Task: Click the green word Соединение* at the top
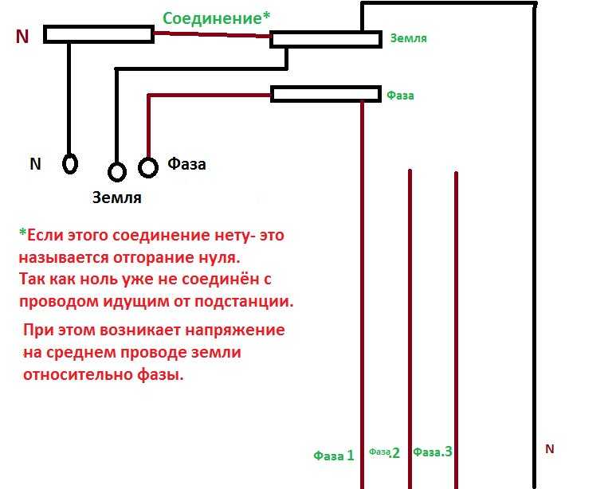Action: (216, 18)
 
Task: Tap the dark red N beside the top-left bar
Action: (22, 37)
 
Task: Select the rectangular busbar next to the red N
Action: (99, 34)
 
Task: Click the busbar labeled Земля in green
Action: (326, 40)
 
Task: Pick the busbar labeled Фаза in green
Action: (326, 94)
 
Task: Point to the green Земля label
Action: (409, 38)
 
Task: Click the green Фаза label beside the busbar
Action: (400, 96)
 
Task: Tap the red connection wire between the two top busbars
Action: (212, 35)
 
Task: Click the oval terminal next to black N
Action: (70, 163)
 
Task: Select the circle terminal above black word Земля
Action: (117, 171)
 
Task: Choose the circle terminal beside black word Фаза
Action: (148, 167)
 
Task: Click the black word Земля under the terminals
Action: (116, 198)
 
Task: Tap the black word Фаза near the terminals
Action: (186, 164)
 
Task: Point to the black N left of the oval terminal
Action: (36, 164)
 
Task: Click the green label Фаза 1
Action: (334, 456)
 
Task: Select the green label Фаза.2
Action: (384, 452)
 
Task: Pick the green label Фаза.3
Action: (433, 452)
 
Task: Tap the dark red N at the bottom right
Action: (550, 449)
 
